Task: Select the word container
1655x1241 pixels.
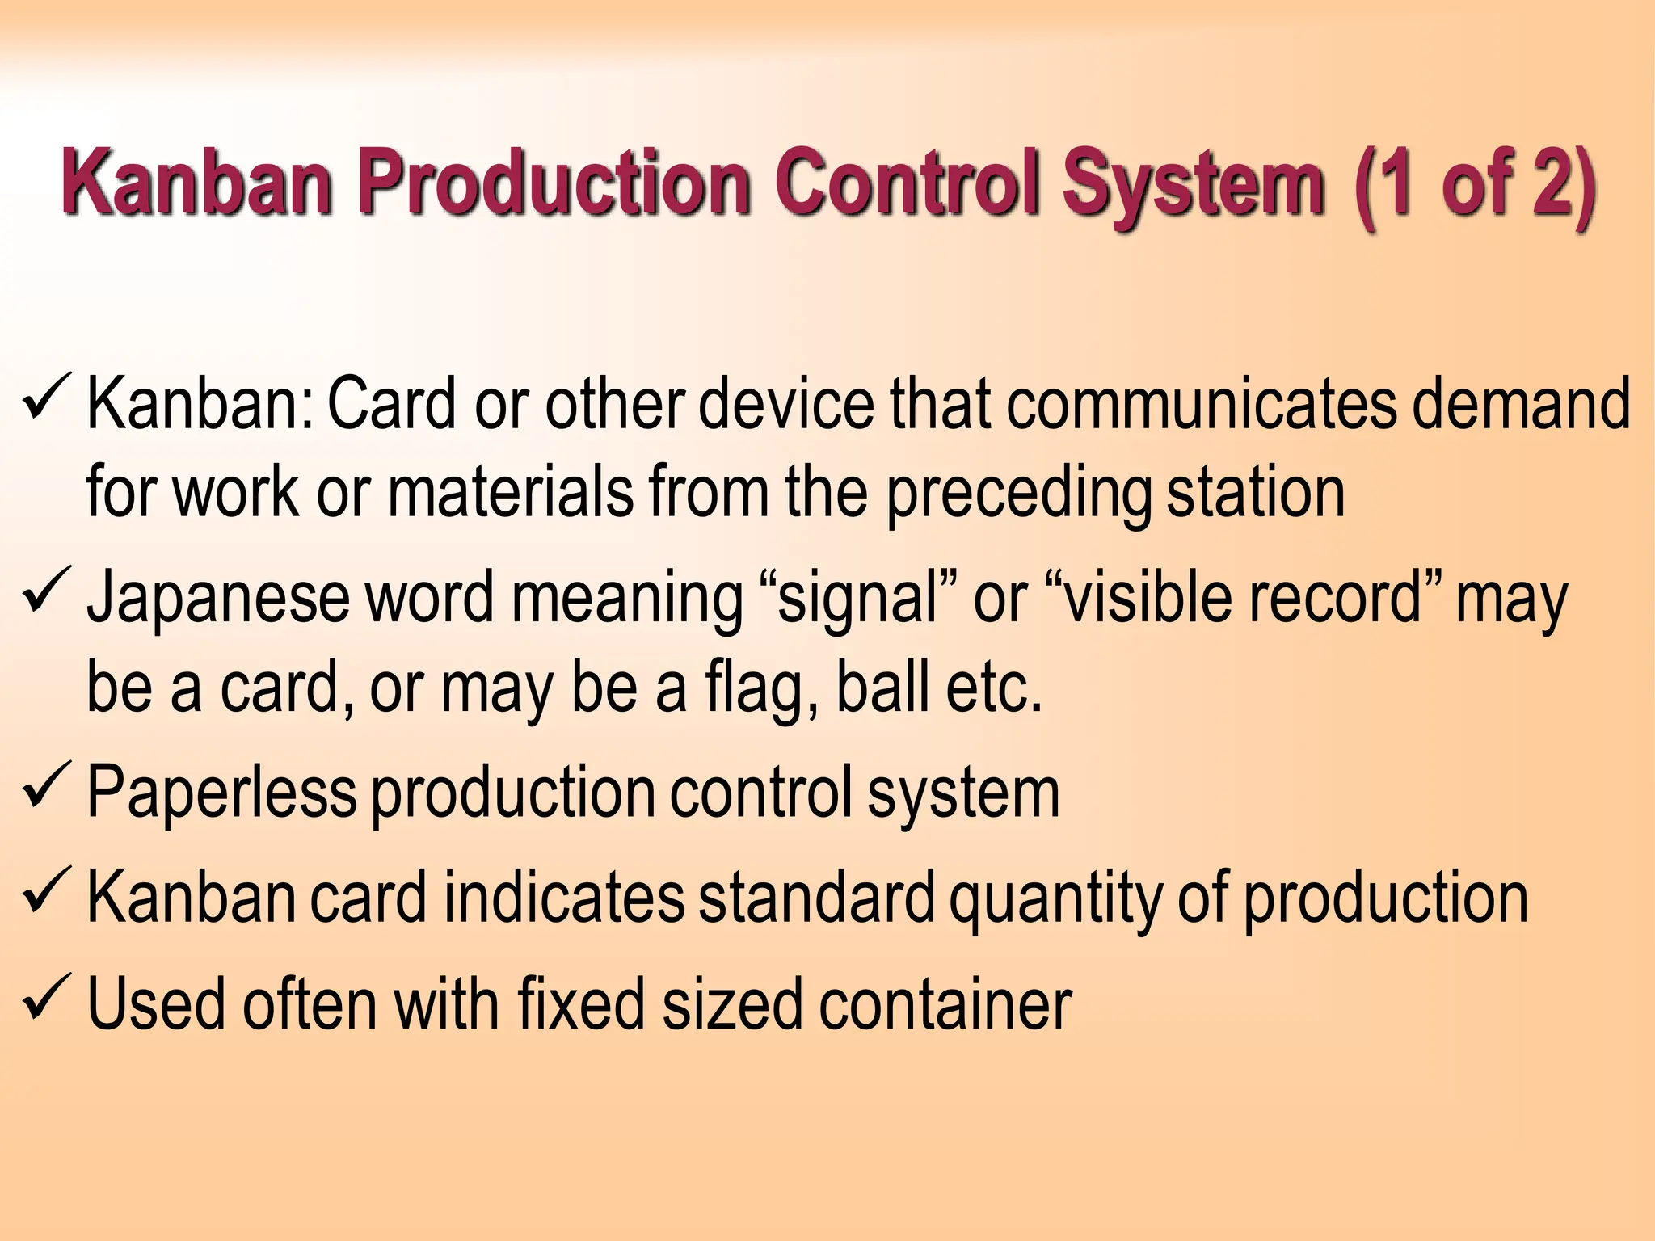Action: pos(945,1004)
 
